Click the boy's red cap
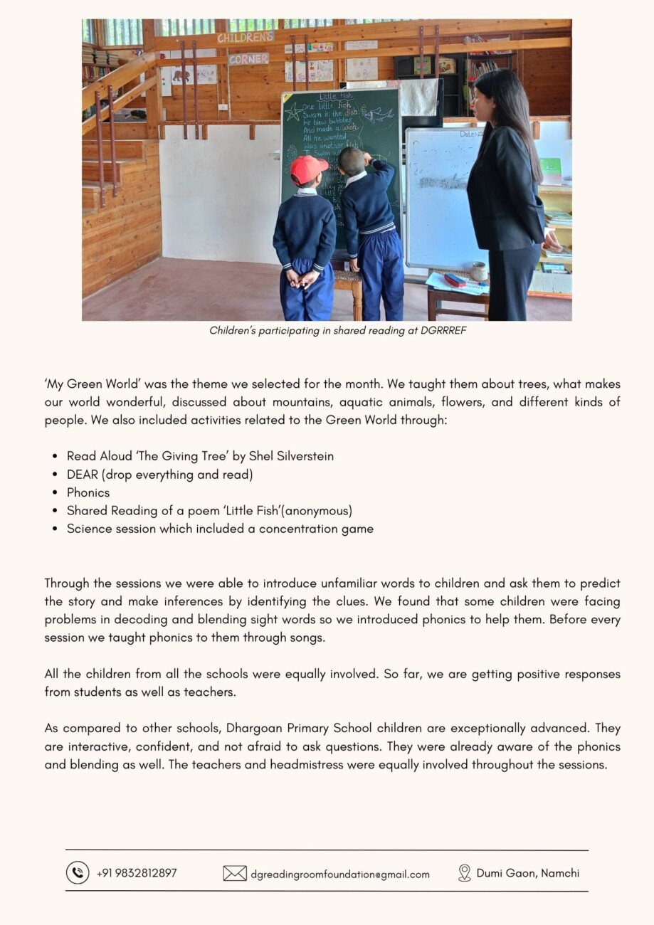pos(307,169)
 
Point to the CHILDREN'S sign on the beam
pos(246,38)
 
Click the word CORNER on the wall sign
pos(248,59)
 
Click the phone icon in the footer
pos(78,872)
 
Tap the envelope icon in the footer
pos(235,873)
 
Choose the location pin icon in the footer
pos(465,873)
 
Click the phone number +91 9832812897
pos(137,873)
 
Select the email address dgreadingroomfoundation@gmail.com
pos(340,874)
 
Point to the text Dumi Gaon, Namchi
pos(528,873)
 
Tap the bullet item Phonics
pos(88,492)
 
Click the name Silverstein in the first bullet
pos(304,456)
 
